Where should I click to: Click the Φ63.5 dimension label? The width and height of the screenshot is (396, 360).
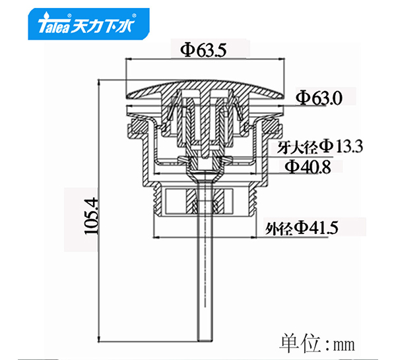203,49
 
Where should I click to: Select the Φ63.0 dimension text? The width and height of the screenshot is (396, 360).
319,98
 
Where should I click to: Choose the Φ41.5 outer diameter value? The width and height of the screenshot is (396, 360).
317,228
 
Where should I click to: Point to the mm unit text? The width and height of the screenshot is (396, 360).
345,344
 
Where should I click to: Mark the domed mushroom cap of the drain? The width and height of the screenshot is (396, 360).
205,89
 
